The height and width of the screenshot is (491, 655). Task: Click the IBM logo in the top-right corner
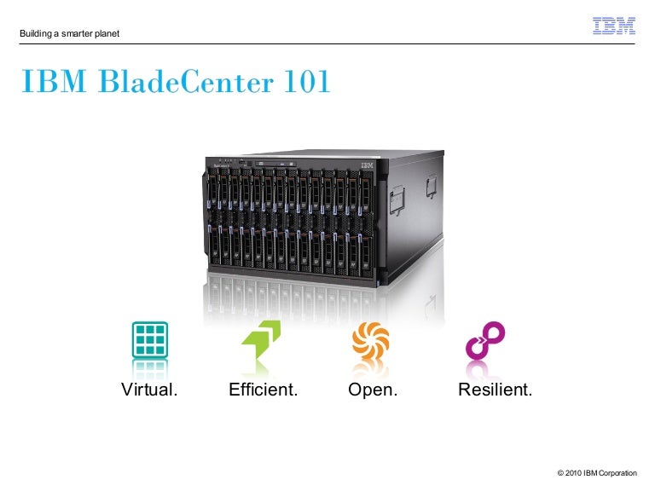[614, 26]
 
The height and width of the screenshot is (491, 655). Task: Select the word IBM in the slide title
[55, 84]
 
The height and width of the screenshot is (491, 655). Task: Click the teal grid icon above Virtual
[149, 339]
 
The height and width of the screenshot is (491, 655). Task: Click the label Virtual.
[149, 391]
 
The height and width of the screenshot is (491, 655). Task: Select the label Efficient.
[263, 391]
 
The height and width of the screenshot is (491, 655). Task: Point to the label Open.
[373, 391]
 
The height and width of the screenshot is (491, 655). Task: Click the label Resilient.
[495, 391]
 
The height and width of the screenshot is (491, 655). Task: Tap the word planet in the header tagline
[106, 34]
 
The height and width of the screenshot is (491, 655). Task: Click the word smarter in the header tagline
[73, 34]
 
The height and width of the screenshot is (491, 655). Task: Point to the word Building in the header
[34, 34]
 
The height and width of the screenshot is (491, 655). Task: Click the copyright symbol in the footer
[559, 473]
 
